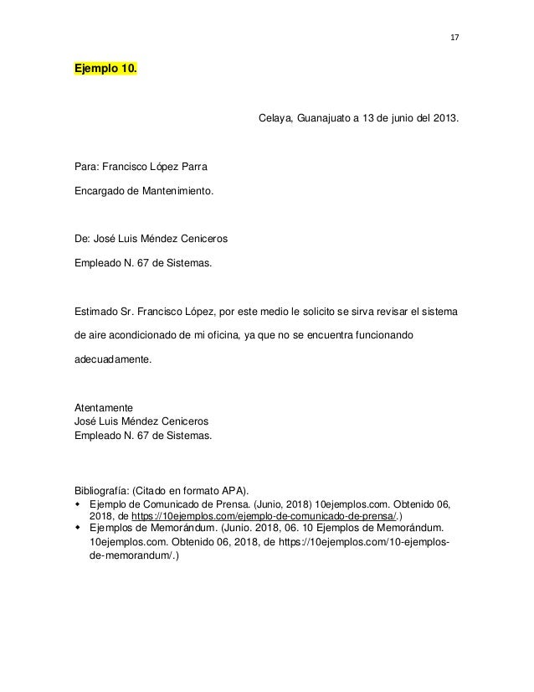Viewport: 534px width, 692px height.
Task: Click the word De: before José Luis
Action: click(83, 240)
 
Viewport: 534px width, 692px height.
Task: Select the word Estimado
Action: click(98, 312)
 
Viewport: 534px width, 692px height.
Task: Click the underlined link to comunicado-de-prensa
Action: click(264, 517)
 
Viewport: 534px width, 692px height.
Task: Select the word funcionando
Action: click(397, 336)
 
